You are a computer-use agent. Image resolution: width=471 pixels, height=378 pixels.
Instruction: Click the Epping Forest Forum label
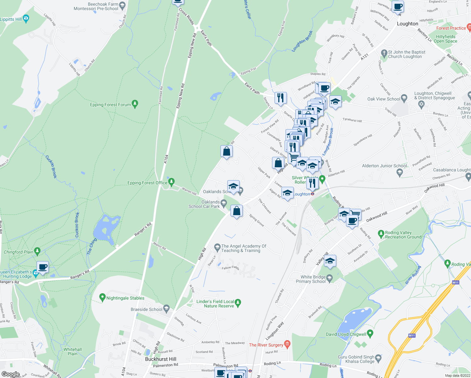tap(110, 105)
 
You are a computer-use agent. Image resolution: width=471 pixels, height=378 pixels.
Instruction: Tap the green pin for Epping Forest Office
tap(171, 182)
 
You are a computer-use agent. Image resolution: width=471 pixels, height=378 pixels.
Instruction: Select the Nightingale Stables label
tap(125, 298)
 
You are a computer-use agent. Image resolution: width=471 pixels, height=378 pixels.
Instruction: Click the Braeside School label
tap(146, 309)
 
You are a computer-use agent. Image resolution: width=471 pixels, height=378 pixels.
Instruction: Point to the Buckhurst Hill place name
tap(161, 359)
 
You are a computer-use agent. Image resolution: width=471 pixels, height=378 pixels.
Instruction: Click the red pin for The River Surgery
tap(287, 344)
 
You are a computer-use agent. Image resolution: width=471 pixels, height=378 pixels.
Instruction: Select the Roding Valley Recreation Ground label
tap(403, 235)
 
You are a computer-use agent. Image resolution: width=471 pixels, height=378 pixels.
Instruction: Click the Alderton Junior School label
tap(384, 166)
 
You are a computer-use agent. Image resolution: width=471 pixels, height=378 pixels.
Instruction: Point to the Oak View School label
tap(383, 99)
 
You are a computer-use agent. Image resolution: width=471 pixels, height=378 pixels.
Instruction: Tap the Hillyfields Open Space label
tap(445, 39)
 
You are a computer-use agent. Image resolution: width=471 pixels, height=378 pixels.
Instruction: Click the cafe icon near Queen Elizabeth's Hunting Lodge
tap(43, 267)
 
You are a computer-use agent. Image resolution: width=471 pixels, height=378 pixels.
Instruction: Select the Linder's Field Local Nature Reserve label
tap(215, 304)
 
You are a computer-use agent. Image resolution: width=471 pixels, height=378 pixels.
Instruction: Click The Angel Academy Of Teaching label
tap(244, 248)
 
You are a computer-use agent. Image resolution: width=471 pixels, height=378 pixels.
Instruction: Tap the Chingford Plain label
tap(19, 252)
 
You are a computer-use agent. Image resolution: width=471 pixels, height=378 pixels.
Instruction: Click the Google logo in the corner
tap(10, 374)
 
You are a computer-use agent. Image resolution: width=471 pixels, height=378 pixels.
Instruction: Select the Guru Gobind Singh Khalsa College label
tap(356, 359)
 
